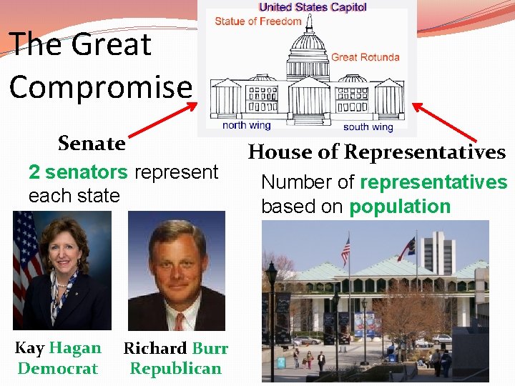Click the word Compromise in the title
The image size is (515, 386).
(x=101, y=87)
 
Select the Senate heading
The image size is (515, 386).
(x=92, y=144)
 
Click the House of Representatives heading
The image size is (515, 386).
(x=376, y=152)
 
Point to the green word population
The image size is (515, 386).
(x=400, y=207)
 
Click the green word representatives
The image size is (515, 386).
(x=433, y=182)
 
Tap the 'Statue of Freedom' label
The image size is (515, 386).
(x=257, y=21)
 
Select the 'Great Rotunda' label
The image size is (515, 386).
(x=365, y=57)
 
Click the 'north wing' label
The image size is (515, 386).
(x=247, y=125)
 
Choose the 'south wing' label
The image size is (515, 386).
(x=368, y=127)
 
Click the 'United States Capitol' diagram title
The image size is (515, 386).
(x=313, y=7)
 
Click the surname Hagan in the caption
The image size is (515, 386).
(x=75, y=349)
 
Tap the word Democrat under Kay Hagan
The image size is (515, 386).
(x=57, y=369)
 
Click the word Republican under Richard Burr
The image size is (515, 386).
(x=175, y=369)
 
